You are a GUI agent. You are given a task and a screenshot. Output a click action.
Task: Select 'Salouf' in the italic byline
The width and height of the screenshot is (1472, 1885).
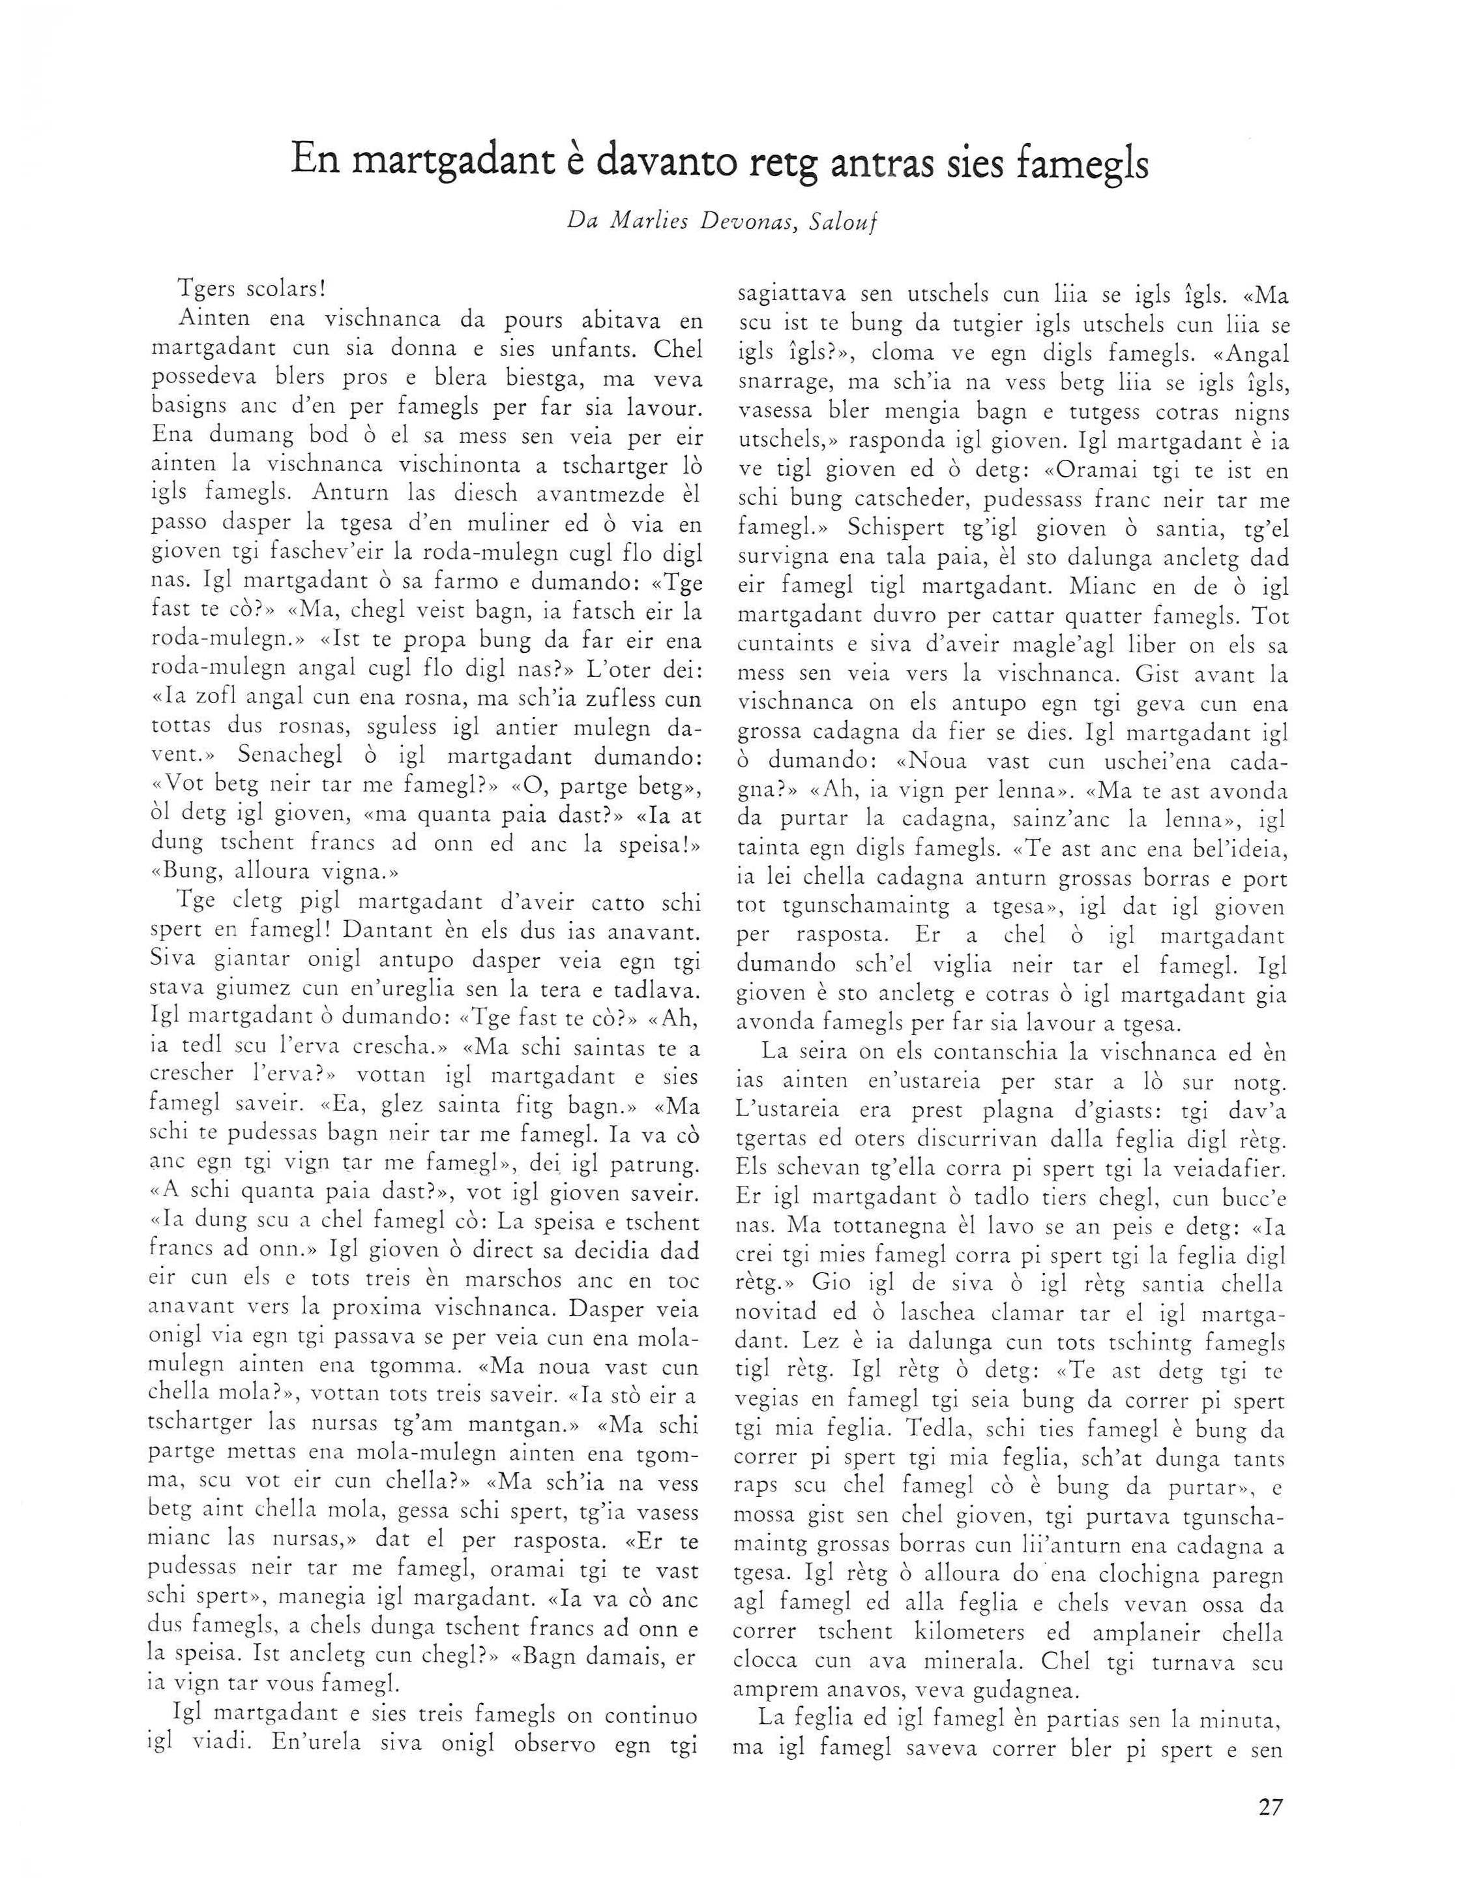(x=838, y=221)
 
